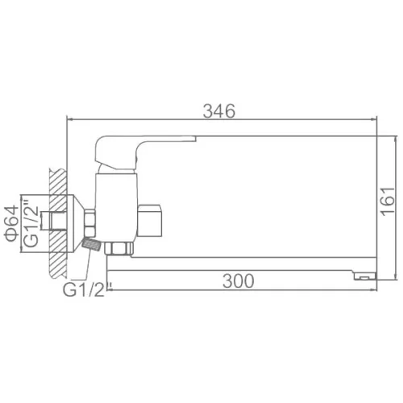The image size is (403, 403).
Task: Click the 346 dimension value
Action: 219,111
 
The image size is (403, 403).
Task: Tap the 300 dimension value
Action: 239,281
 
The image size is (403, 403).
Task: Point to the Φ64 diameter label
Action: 11,223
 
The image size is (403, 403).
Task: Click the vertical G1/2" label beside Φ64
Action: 31,223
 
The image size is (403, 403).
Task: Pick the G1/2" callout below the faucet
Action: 84,289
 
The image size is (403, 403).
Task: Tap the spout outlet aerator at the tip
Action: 365,276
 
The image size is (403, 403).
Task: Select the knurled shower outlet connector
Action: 91,244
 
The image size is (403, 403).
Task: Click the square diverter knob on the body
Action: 149,221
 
